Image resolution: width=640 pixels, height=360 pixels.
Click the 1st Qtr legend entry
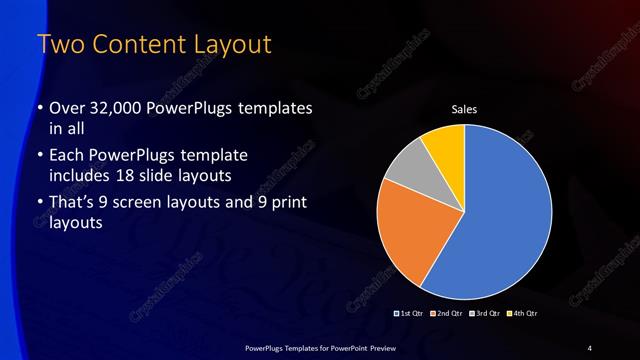411,314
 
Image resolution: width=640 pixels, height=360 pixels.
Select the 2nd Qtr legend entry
447,314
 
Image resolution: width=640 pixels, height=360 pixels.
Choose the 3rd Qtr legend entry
484,314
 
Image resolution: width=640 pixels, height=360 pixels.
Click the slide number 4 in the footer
590,347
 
